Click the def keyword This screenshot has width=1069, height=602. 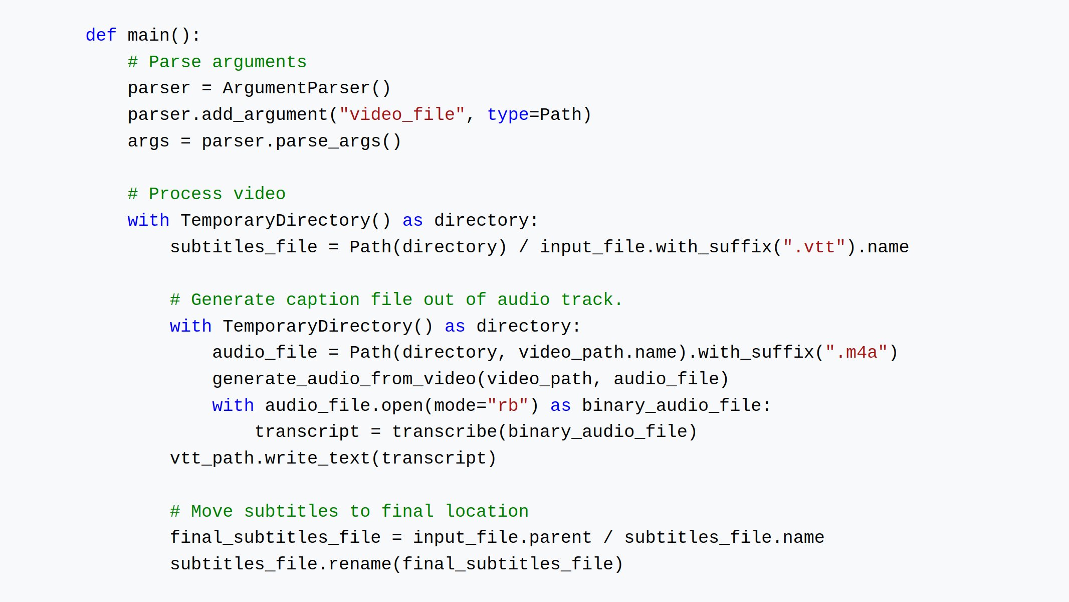pos(101,35)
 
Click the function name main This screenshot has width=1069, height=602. pos(148,35)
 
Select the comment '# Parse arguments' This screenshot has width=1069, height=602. pos(217,62)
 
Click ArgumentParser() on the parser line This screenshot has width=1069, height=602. pos(306,88)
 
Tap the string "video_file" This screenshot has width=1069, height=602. pos(402,115)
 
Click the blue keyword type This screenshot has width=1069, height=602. pos(508,115)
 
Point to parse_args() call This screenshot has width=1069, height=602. pos(338,141)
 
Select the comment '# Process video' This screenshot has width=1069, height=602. pos(206,194)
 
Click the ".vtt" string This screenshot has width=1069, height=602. pos(814,247)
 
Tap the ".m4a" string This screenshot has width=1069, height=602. pos(857,353)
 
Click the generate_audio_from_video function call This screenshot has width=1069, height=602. pos(344,379)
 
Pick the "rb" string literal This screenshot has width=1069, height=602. pos(508,406)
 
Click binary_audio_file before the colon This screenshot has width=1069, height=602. pos(672,406)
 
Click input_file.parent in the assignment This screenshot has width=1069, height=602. pos(502,538)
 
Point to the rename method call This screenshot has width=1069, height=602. pos(359,564)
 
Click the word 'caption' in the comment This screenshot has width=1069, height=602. pos(323,300)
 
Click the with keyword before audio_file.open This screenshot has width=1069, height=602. pos(233,406)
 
